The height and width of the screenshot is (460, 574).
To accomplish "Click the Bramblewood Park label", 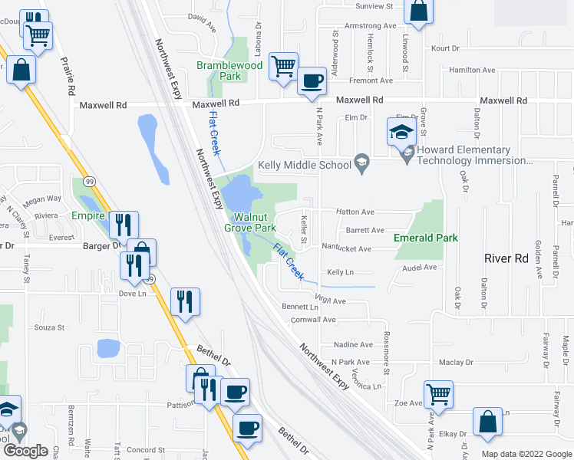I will [x=229, y=71].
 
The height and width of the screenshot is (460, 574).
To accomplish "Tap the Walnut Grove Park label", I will [x=250, y=222].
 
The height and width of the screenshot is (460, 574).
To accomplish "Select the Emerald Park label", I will [x=426, y=238].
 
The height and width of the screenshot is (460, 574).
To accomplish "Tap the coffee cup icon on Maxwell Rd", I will [x=312, y=82].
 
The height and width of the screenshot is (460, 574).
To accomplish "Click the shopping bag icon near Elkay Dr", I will [x=487, y=422].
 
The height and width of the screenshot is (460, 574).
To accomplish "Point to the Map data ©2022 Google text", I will [x=526, y=454].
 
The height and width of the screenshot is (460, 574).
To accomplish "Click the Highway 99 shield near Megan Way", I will [x=91, y=181].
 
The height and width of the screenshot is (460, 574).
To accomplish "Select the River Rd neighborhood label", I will [x=506, y=258].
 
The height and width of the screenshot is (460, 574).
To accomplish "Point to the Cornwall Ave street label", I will [x=315, y=319].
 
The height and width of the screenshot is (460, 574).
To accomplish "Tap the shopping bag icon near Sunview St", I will [x=418, y=12].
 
